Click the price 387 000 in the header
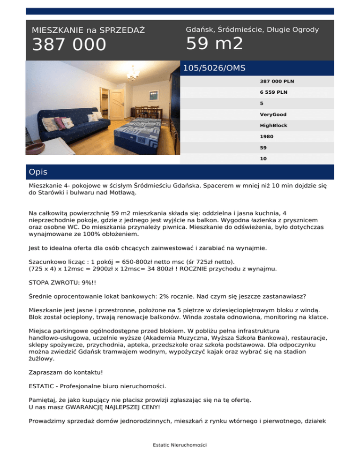[69, 45]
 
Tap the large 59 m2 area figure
[214, 44]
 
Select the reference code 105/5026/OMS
[214, 68]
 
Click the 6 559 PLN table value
[274, 92]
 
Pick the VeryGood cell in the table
[273, 114]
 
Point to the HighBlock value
[274, 126]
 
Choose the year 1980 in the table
[267, 137]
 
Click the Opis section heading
[38, 172]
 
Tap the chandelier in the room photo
[133, 74]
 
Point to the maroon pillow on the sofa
[60, 122]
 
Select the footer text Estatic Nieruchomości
[180, 444]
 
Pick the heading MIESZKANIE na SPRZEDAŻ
[88, 30]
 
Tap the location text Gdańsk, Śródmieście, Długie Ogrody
[252, 30]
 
